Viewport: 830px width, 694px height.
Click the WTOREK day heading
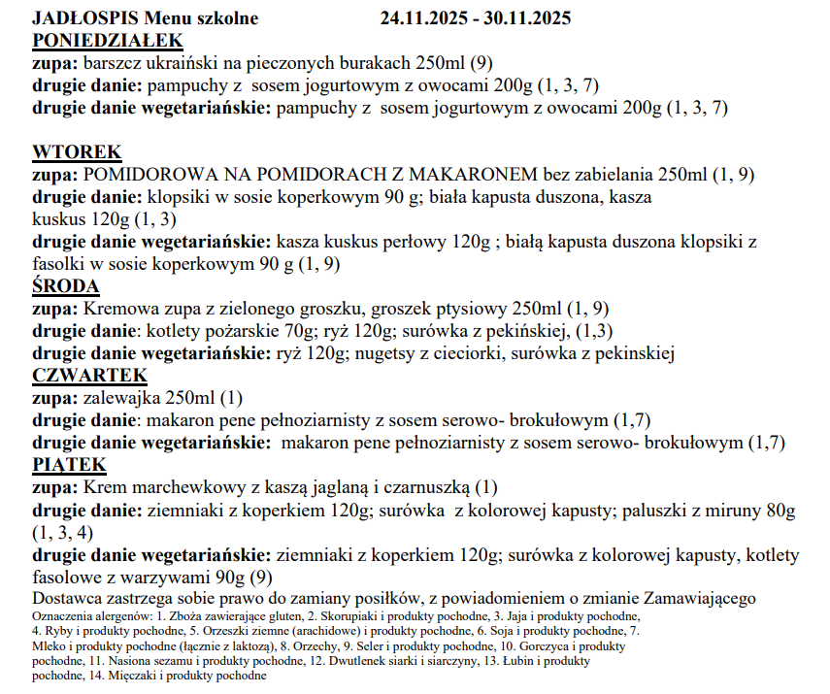coord(78,152)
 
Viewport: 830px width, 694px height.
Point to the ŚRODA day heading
coord(67,286)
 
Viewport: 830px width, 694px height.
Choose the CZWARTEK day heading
coord(89,376)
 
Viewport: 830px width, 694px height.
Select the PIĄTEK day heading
coord(68,465)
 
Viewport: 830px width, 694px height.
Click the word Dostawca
coord(66,598)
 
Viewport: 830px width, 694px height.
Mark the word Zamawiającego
coord(700,598)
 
